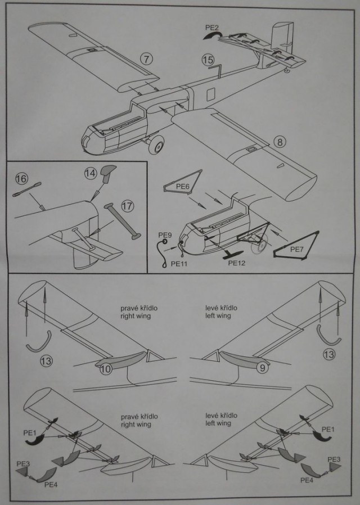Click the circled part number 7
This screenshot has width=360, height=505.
146,59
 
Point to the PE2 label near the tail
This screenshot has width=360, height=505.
211,27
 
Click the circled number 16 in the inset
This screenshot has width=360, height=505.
21,179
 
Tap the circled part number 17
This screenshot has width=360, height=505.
128,206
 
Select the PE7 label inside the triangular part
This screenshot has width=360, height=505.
298,247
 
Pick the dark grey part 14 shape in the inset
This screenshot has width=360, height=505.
106,172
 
